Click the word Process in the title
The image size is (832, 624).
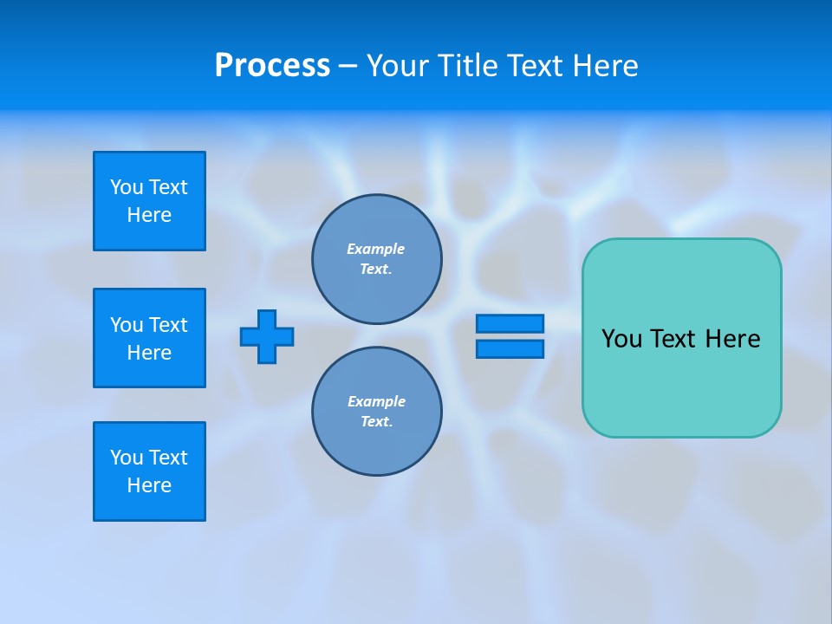272,66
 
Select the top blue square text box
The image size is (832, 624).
149,201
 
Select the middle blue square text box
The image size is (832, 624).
149,338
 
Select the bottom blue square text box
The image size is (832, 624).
149,471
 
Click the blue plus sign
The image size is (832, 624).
267,336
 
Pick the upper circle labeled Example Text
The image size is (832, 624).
376,259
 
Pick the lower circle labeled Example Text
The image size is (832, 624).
376,412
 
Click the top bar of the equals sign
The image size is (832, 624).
510,323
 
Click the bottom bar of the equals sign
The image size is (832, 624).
510,348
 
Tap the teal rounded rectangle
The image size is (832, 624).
681,381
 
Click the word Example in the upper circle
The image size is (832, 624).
375,249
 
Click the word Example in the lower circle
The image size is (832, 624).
376,401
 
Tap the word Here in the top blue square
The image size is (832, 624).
149,215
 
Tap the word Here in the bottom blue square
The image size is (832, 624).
149,485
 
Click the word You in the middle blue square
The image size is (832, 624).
127,325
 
